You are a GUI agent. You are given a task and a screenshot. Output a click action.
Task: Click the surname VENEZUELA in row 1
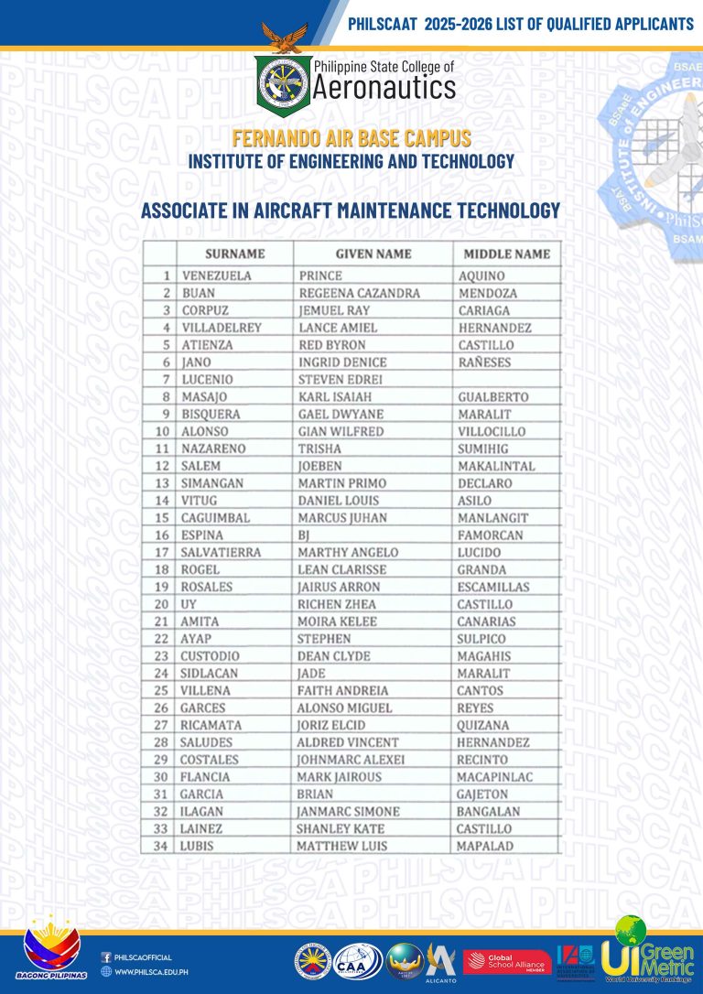click(x=216, y=276)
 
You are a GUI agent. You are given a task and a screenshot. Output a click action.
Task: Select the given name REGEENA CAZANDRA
click(x=359, y=293)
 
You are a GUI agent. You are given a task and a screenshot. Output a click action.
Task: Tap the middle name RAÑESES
click(x=483, y=362)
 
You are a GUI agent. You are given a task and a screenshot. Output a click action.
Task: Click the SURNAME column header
click(x=234, y=254)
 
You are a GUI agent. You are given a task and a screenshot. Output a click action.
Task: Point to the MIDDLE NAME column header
click(x=506, y=254)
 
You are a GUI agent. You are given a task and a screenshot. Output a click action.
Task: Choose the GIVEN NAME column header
click(x=373, y=254)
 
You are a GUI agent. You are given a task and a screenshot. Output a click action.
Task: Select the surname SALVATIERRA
click(x=221, y=553)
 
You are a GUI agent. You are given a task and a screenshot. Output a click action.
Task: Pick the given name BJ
click(x=305, y=535)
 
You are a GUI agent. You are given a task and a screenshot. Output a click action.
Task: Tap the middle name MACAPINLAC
click(x=494, y=777)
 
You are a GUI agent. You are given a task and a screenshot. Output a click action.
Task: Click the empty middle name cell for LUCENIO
click(x=505, y=380)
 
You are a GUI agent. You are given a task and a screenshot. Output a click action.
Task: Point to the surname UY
click(x=189, y=604)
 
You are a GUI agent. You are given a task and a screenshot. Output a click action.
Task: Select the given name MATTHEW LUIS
click(x=341, y=847)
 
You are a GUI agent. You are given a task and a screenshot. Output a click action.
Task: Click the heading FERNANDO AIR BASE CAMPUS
click(x=351, y=139)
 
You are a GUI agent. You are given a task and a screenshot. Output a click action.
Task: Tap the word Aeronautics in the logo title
click(x=384, y=88)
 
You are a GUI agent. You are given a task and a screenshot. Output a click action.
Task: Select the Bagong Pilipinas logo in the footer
click(x=56, y=952)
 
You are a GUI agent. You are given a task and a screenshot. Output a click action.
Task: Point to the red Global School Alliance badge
click(x=506, y=962)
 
